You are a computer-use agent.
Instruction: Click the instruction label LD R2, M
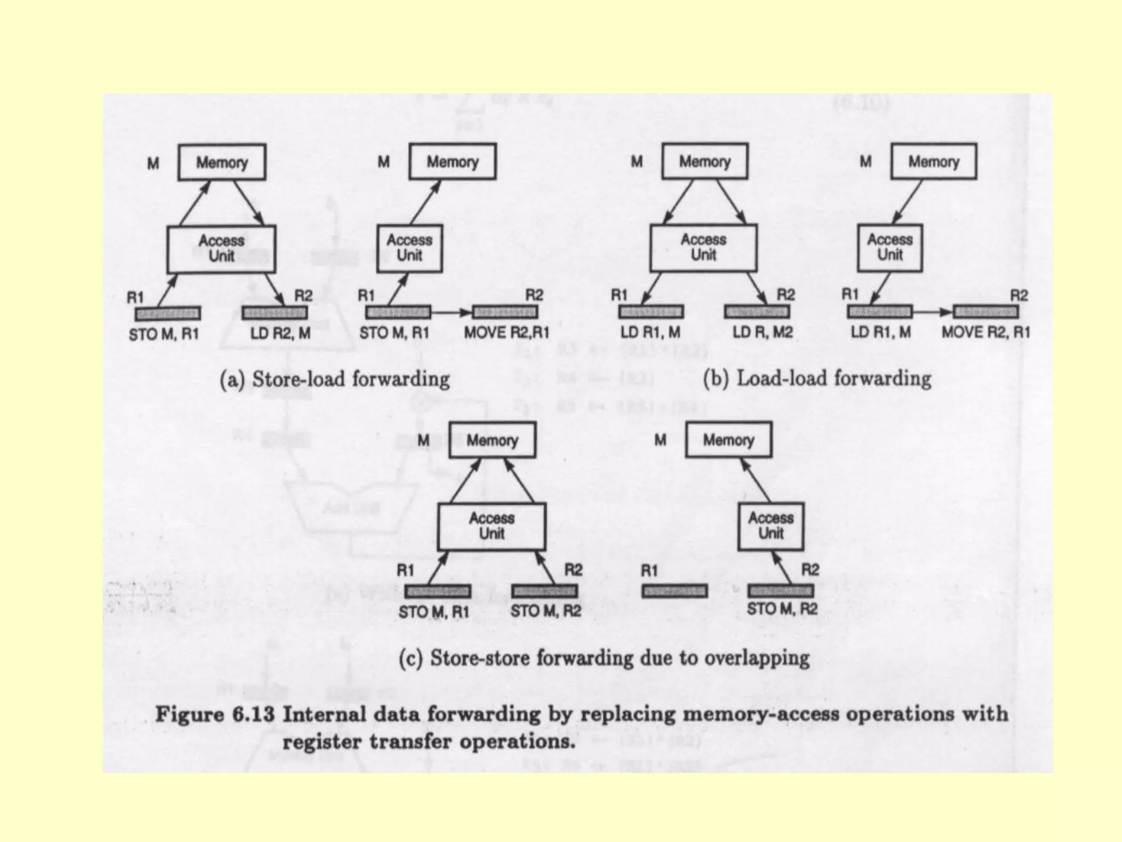click(280, 333)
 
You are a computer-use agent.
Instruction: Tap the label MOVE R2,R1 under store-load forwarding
click(506, 333)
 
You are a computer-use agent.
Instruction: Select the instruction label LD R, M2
click(763, 332)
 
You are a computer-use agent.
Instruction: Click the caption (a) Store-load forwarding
click(334, 379)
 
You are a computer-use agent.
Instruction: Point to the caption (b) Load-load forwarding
click(817, 379)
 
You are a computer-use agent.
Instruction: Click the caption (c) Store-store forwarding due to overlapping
click(604, 658)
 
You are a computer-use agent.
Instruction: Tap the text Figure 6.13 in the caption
click(215, 715)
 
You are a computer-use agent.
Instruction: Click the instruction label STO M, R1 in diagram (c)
click(433, 612)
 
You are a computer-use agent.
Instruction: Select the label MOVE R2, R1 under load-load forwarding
click(986, 332)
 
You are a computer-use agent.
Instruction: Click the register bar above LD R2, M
click(274, 313)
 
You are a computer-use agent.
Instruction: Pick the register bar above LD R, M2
click(757, 312)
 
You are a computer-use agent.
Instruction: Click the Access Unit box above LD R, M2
click(703, 248)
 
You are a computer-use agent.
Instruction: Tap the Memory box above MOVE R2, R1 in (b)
click(934, 161)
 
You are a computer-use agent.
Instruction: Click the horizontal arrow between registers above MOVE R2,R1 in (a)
click(451, 312)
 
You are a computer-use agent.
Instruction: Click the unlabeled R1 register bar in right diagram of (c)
click(674, 591)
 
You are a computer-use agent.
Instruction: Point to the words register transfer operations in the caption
click(428, 742)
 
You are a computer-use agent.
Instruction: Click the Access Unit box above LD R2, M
click(221, 249)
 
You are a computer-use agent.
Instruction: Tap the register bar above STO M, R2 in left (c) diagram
click(545, 591)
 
